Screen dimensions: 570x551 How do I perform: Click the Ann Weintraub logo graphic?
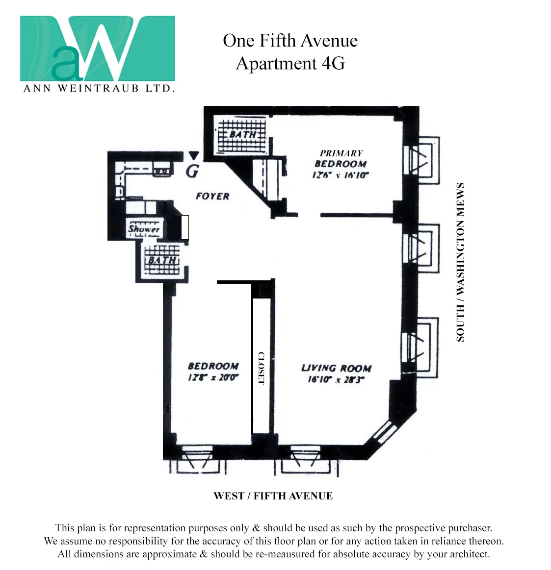click(97, 49)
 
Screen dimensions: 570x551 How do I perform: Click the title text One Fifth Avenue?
click(290, 41)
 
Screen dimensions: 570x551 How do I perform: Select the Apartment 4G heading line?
click(290, 64)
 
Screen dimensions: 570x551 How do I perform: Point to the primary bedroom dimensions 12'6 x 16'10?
click(340, 175)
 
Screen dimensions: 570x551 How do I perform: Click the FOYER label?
click(212, 196)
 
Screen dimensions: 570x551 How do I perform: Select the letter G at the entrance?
click(193, 171)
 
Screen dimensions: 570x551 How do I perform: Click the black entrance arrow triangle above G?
click(194, 156)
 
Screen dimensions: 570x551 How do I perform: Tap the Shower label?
click(144, 228)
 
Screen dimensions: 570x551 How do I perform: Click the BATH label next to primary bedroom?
click(242, 134)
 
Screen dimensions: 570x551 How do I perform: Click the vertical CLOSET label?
click(261, 368)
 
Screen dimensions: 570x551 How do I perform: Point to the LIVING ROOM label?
click(336, 368)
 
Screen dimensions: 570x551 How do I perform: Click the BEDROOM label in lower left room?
click(213, 366)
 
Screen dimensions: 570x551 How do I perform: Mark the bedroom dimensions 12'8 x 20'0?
click(213, 377)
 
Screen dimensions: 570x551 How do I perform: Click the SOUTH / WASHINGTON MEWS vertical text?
click(460, 262)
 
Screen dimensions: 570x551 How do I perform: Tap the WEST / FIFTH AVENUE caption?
click(273, 496)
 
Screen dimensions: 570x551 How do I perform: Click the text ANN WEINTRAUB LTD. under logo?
click(99, 89)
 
